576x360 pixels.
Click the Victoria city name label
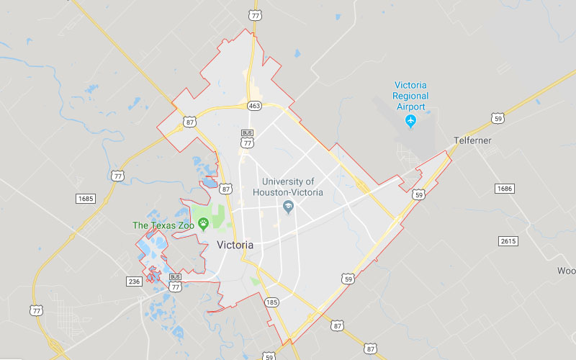point(235,245)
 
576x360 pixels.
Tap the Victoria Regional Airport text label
point(410,96)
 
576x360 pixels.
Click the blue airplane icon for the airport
point(410,120)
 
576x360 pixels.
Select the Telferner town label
point(472,140)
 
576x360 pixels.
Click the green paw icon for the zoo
point(203,224)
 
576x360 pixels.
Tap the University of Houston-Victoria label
point(288,187)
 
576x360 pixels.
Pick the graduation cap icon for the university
point(288,207)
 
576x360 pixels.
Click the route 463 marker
point(254,106)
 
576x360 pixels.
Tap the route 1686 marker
point(505,188)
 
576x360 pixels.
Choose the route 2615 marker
point(508,240)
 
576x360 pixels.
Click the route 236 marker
point(133,281)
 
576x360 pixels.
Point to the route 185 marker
point(271,302)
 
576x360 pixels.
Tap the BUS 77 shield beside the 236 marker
point(175,283)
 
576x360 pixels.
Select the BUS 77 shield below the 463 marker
point(248,138)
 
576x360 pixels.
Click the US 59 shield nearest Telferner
point(498,117)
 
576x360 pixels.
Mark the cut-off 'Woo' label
point(566,271)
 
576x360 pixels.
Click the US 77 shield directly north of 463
point(254,14)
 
